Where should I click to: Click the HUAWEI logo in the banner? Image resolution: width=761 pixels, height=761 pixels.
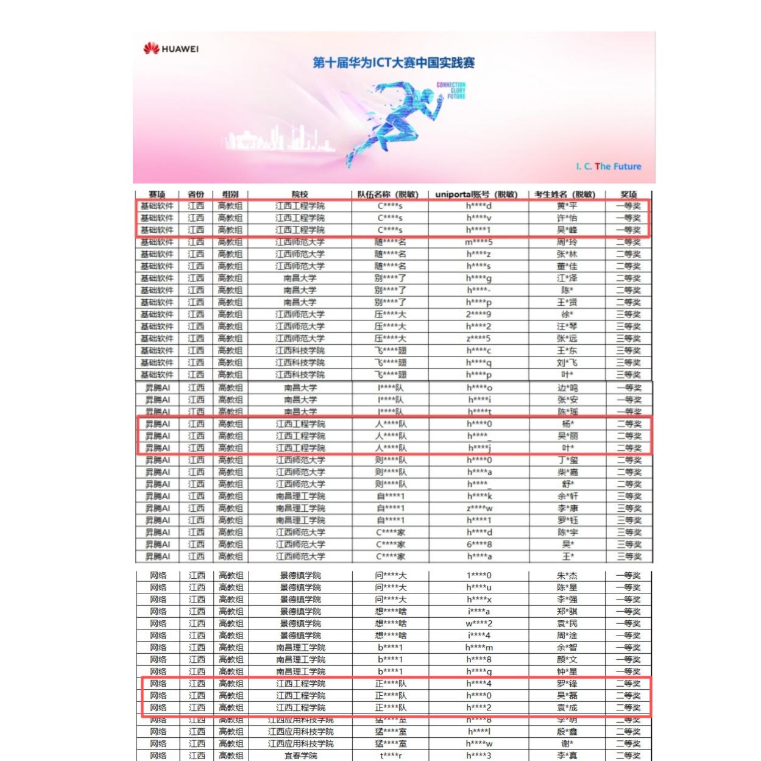pyautogui.click(x=171, y=49)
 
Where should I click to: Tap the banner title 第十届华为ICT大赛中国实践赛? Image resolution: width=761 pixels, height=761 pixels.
pyautogui.click(x=393, y=63)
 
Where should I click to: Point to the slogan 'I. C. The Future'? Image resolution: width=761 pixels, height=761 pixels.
pyautogui.click(x=608, y=166)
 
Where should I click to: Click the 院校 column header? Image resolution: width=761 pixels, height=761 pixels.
pyautogui.click(x=300, y=194)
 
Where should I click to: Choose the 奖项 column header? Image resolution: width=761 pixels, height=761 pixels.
pyautogui.click(x=628, y=194)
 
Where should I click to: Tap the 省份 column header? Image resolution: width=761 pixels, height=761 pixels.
pyautogui.click(x=196, y=194)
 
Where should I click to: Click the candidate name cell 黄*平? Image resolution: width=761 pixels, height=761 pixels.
pyautogui.click(x=567, y=206)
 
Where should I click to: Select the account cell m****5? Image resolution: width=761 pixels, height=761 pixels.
pyautogui.click(x=479, y=242)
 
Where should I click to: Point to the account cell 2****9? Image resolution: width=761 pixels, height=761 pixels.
pyautogui.click(x=479, y=314)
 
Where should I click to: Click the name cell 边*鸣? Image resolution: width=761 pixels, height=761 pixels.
pyautogui.click(x=567, y=388)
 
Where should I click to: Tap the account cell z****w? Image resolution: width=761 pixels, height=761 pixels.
pyautogui.click(x=479, y=508)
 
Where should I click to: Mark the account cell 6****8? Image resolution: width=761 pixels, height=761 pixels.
pyautogui.click(x=479, y=544)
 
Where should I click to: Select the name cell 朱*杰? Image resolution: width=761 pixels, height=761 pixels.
pyautogui.click(x=567, y=575)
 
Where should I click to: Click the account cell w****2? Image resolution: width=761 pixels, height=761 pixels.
pyautogui.click(x=479, y=623)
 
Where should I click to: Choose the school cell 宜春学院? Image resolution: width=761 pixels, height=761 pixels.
pyautogui.click(x=300, y=756)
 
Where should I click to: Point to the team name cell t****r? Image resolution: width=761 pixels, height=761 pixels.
pyautogui.click(x=391, y=756)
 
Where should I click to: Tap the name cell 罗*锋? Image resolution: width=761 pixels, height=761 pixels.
pyautogui.click(x=567, y=684)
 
